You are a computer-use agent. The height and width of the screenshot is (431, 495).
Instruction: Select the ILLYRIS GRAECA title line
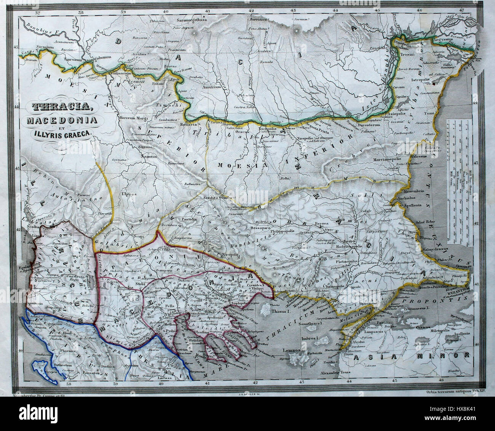[60, 133]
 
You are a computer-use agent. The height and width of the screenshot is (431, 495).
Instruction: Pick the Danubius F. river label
[38, 26]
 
